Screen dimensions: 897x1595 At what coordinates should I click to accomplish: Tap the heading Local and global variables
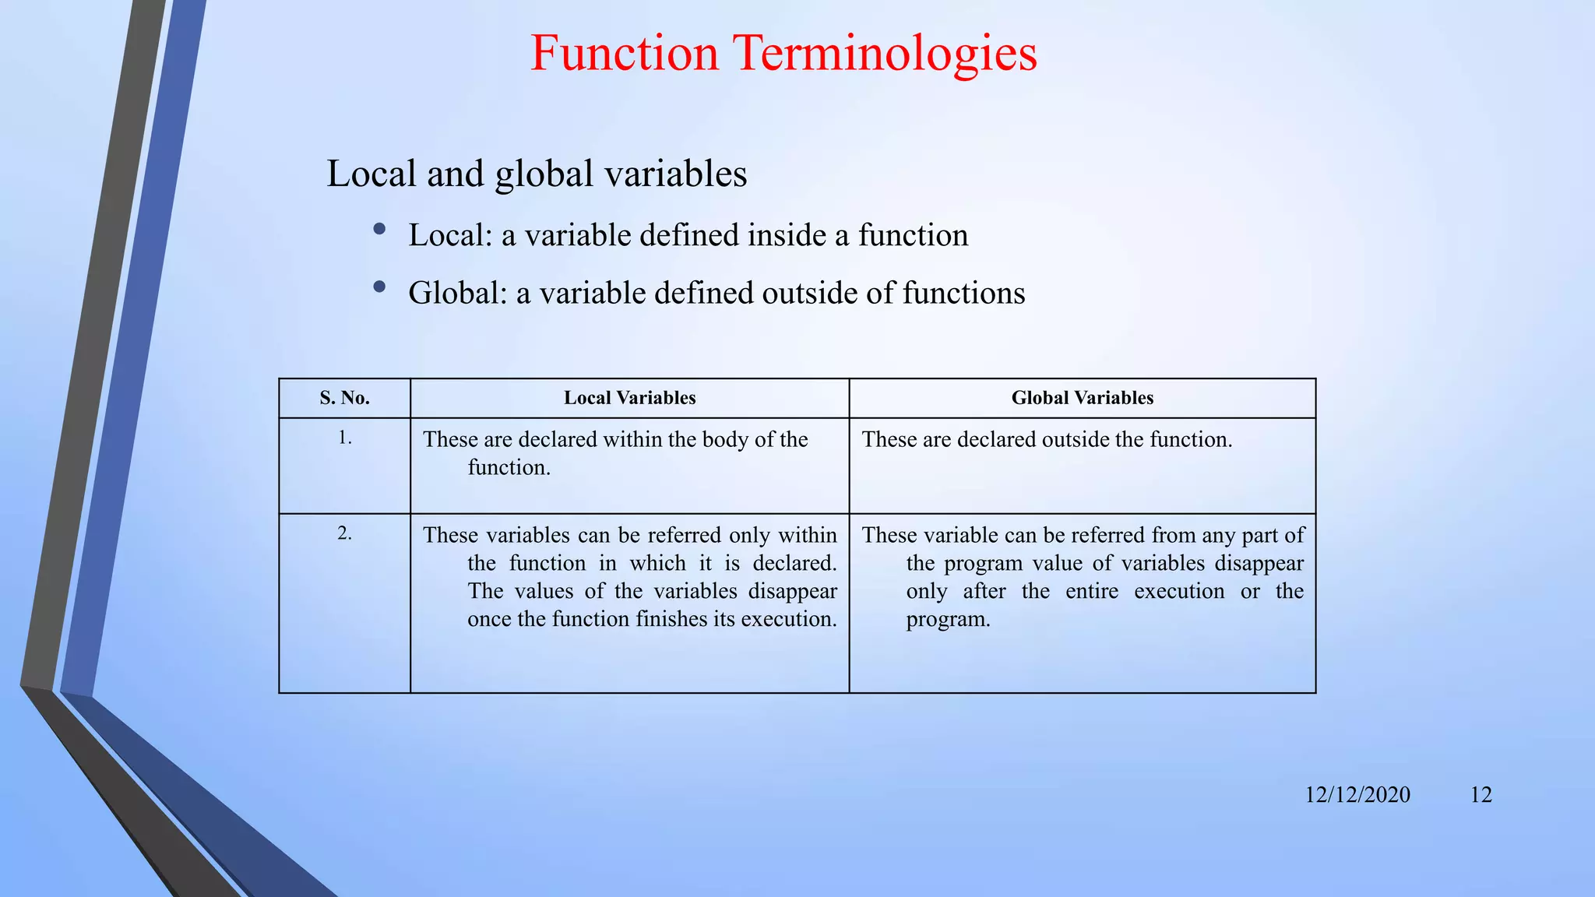click(537, 173)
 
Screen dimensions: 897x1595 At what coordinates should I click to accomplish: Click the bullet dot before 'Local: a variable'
click(379, 229)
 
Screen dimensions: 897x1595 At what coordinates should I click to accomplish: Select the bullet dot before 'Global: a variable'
click(379, 287)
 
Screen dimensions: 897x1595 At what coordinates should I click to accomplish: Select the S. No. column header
click(344, 398)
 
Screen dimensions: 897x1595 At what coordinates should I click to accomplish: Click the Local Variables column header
click(629, 398)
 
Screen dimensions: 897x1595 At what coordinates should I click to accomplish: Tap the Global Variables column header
click(1082, 398)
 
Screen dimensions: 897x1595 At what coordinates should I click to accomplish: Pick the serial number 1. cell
click(344, 438)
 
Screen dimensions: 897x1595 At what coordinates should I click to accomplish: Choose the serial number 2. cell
click(344, 533)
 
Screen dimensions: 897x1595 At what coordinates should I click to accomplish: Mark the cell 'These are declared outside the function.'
click(1047, 440)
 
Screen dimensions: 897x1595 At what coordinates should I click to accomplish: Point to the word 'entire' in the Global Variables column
click(1091, 591)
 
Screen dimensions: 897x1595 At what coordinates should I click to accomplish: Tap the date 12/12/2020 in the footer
click(1357, 794)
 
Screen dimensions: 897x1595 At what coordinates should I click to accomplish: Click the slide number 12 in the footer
click(1481, 794)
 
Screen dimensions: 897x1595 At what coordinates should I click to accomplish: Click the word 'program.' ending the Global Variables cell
click(948, 620)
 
